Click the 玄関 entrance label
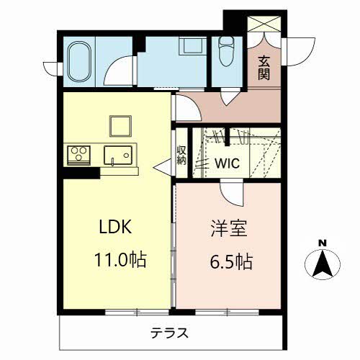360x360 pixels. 264,68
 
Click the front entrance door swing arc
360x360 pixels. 298,48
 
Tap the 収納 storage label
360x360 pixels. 181,156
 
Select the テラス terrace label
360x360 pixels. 170,333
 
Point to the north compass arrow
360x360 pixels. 323,264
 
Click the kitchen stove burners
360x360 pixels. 79,154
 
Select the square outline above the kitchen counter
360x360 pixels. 120,125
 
